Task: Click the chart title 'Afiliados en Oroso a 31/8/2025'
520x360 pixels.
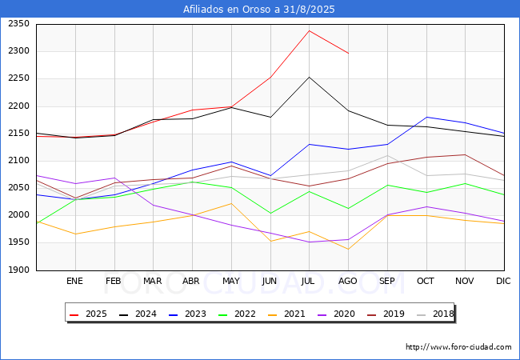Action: tap(259, 10)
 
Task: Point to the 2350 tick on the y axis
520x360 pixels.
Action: tap(19, 24)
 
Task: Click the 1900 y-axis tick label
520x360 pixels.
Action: tap(19, 270)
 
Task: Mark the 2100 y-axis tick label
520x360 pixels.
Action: tap(19, 161)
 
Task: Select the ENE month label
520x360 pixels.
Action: tap(74, 282)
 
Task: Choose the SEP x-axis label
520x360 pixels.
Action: tap(387, 282)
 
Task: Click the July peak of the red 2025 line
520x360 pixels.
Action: tap(310, 30)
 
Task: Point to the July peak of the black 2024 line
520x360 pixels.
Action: tap(310, 77)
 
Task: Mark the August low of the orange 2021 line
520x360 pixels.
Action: tap(348, 250)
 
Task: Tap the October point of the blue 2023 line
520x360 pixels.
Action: tap(426, 117)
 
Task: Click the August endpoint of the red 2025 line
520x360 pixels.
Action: tap(348, 53)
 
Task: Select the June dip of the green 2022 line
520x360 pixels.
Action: tap(270, 214)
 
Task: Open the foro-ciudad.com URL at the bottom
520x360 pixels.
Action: tap(458, 347)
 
